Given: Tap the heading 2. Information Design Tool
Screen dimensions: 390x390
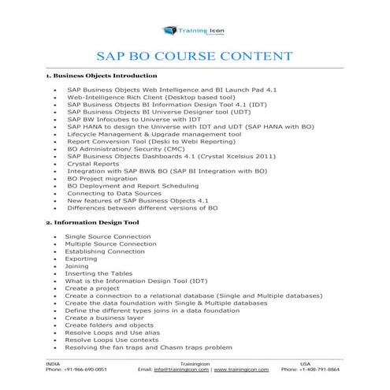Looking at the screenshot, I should (x=92, y=222).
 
